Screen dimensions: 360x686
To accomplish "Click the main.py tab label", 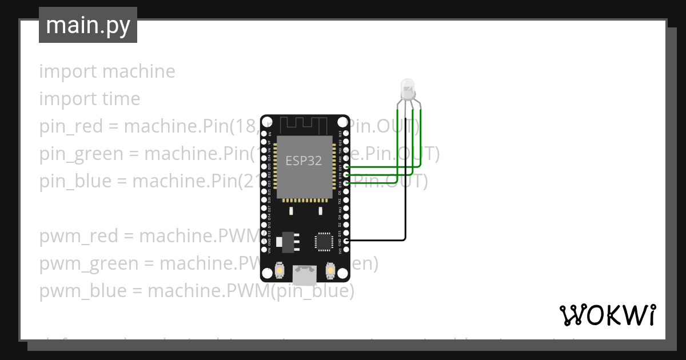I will (x=88, y=26).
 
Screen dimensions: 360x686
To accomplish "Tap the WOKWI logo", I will (x=608, y=315).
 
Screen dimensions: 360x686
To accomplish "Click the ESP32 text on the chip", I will (x=304, y=161).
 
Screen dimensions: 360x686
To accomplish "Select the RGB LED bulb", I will (x=408, y=89).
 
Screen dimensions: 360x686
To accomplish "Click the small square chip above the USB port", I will (x=323, y=241).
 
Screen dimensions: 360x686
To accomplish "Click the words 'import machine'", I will (x=107, y=71).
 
